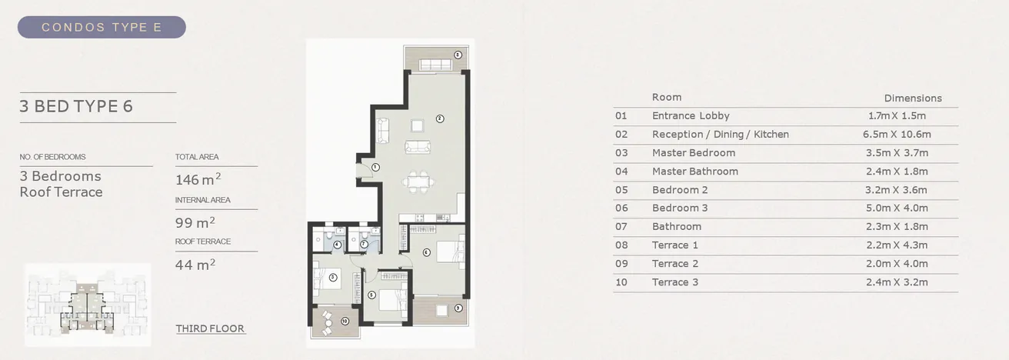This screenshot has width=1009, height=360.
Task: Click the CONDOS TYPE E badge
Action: click(x=102, y=28)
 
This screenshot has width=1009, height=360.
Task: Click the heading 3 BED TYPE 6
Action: click(x=76, y=106)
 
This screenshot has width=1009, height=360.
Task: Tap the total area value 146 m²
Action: click(x=198, y=180)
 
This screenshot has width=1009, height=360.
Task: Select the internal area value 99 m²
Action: click(x=195, y=223)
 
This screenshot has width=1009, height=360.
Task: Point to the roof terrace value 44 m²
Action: click(x=195, y=265)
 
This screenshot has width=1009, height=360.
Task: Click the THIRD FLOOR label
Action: click(x=210, y=328)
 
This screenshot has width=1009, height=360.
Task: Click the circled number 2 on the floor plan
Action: click(x=439, y=118)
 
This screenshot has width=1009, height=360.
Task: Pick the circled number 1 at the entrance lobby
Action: click(x=375, y=167)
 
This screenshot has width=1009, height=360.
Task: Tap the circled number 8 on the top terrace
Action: click(x=458, y=55)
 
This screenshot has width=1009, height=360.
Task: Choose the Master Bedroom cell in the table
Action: click(x=693, y=153)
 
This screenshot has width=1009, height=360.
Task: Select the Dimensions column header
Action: click(x=913, y=98)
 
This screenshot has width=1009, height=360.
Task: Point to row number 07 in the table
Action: click(x=621, y=227)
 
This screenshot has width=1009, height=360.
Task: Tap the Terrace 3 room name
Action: click(x=674, y=282)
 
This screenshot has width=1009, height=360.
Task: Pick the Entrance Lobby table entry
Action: click(x=690, y=116)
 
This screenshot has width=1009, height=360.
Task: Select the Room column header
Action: click(x=667, y=98)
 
